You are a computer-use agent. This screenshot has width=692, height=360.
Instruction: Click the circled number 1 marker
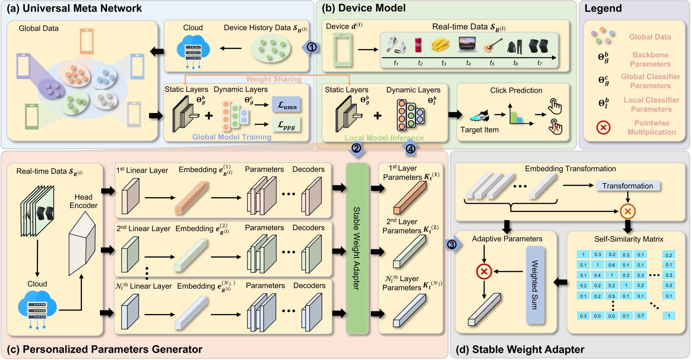(x=312, y=47)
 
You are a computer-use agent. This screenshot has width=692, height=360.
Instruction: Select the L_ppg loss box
(x=286, y=125)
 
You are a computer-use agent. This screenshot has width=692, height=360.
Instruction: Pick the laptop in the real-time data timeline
(x=468, y=44)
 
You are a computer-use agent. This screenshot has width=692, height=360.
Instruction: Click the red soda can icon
(x=418, y=45)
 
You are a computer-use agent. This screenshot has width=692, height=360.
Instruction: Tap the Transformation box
(x=627, y=186)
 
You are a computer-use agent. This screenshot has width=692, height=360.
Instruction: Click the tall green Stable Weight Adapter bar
(x=357, y=248)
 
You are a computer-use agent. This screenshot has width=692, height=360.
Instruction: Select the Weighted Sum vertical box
(x=535, y=285)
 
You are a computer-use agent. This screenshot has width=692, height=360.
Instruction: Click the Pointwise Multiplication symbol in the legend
(x=603, y=127)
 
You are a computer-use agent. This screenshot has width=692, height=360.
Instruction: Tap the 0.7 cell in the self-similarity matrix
(x=641, y=316)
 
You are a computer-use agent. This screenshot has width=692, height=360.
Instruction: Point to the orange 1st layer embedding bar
(x=191, y=198)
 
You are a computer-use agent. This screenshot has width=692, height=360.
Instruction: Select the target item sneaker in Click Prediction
(x=479, y=116)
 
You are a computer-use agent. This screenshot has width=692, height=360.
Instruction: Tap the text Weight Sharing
(x=273, y=79)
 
